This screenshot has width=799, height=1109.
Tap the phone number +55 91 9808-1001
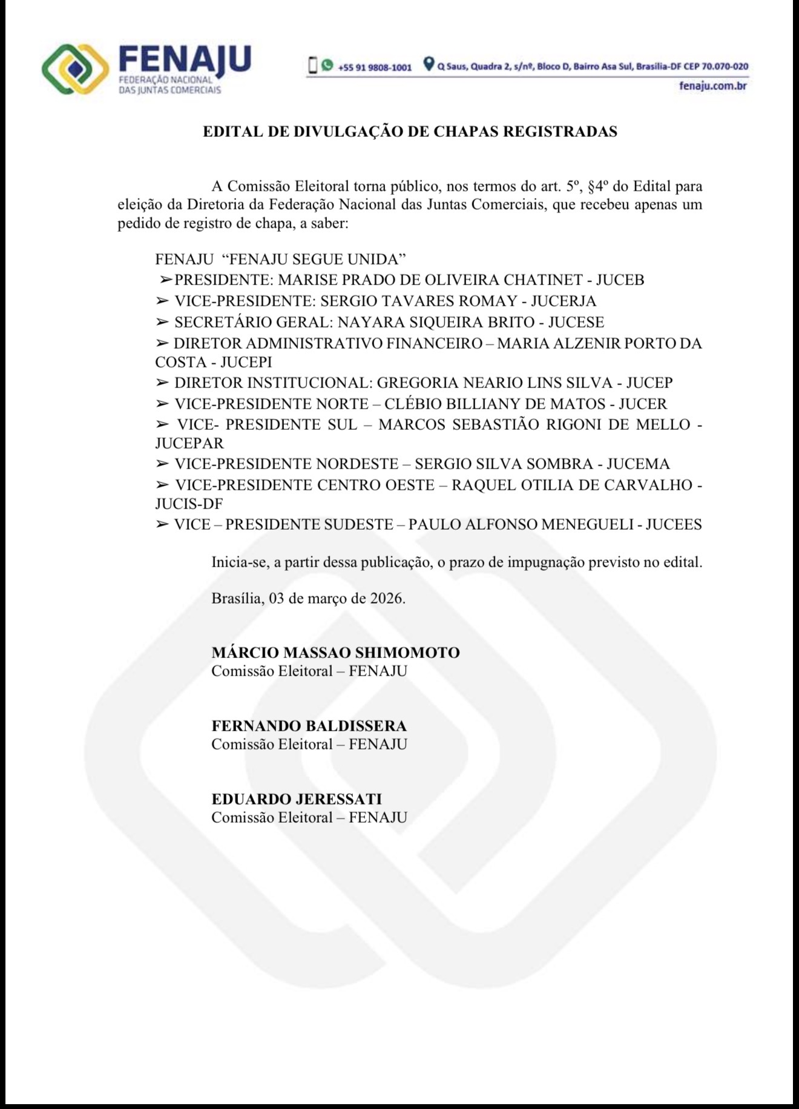375,67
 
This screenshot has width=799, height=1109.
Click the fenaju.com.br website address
712,85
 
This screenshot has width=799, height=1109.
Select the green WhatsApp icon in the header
327,65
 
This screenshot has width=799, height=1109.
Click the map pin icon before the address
429,64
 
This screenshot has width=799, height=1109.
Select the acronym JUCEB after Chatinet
620,280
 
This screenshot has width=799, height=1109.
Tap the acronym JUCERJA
564,301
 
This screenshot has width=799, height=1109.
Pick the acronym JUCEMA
638,464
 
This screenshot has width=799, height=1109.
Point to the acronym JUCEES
673,524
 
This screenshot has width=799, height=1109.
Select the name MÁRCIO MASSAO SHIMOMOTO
335,652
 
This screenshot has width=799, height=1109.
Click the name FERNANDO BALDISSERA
309,725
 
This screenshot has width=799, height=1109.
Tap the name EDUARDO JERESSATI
297,798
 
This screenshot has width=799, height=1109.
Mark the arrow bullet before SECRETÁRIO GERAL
162,322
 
